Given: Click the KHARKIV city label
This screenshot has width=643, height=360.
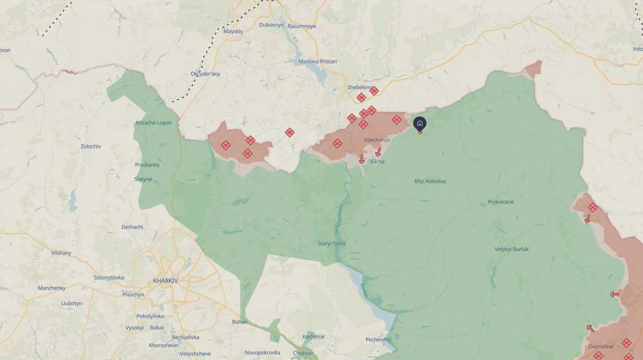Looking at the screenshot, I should tap(165, 281).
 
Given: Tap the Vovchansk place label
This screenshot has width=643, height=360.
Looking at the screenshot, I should tap(377, 140).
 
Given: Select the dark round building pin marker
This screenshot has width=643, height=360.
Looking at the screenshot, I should tap(420, 124).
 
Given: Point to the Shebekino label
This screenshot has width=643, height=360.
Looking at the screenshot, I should tap(360, 87).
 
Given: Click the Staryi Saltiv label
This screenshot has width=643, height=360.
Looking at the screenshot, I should tap(332, 243).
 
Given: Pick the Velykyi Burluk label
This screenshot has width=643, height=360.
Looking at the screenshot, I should tap(512, 249).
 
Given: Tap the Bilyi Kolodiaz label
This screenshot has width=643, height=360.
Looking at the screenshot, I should tap(430, 181).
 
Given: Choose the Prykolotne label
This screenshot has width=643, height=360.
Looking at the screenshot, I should tap(501, 202).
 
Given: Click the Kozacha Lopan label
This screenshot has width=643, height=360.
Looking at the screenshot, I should tap(154, 123).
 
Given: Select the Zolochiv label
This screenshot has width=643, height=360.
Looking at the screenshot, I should tap(91, 146).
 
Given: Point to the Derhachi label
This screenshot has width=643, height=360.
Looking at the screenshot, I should tap(132, 227).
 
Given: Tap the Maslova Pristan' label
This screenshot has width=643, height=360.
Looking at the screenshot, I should tap(318, 62).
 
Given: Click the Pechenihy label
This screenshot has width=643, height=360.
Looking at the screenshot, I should tap(378, 340).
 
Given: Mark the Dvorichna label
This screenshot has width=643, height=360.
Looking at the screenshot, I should tap(601, 346).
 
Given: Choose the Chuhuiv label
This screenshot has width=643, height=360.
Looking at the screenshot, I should tap(303, 352).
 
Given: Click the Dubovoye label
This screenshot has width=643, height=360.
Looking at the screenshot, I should tap(271, 25).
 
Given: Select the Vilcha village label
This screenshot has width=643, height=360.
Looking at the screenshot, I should tap(377, 161).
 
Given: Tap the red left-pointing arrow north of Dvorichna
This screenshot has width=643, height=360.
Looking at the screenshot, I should tap(614, 294).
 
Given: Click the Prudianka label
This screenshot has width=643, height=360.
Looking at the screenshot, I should tap(147, 165).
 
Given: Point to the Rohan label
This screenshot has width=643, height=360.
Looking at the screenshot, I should tap(240, 322).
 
